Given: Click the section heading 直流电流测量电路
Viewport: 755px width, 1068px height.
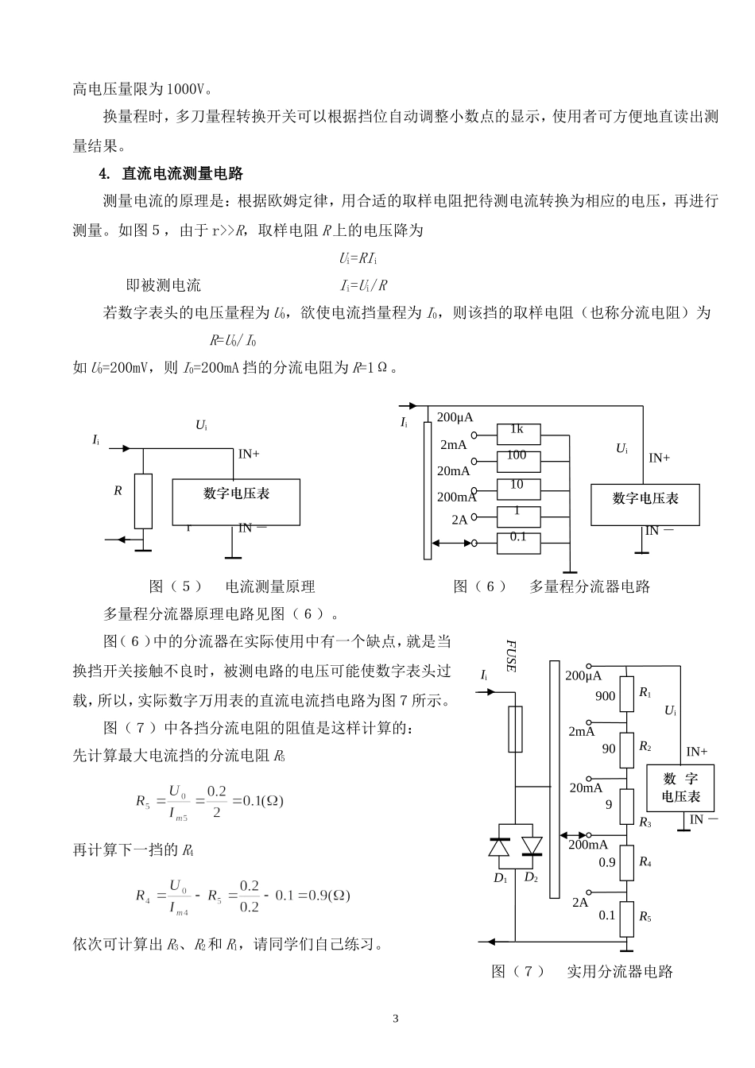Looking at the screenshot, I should point(182,173).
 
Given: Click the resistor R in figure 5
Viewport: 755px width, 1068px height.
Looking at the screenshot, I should point(143,501).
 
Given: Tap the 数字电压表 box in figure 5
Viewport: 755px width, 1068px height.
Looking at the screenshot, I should point(236,501).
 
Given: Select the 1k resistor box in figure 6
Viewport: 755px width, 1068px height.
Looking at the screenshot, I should point(518,434).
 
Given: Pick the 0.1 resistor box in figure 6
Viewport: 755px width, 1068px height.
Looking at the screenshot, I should point(518,543).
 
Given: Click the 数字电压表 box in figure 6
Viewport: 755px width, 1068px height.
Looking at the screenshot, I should point(645,505).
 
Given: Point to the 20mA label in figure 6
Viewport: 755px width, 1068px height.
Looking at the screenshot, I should point(454,470).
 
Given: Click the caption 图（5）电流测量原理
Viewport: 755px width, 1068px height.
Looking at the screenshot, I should point(232,586).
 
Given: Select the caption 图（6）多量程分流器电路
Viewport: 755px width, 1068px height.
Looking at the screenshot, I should point(552,586).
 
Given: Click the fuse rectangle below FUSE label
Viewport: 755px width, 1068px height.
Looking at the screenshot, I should point(515,729).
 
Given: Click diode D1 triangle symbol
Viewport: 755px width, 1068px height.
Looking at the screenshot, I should point(499,847).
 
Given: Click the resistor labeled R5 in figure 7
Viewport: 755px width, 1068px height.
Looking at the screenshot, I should point(627,917).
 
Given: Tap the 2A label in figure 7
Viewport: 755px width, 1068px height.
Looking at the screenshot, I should point(580,903).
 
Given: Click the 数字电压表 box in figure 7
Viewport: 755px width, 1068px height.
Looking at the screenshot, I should point(680,787).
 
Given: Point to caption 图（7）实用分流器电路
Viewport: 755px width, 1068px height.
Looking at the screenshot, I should point(583,971).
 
